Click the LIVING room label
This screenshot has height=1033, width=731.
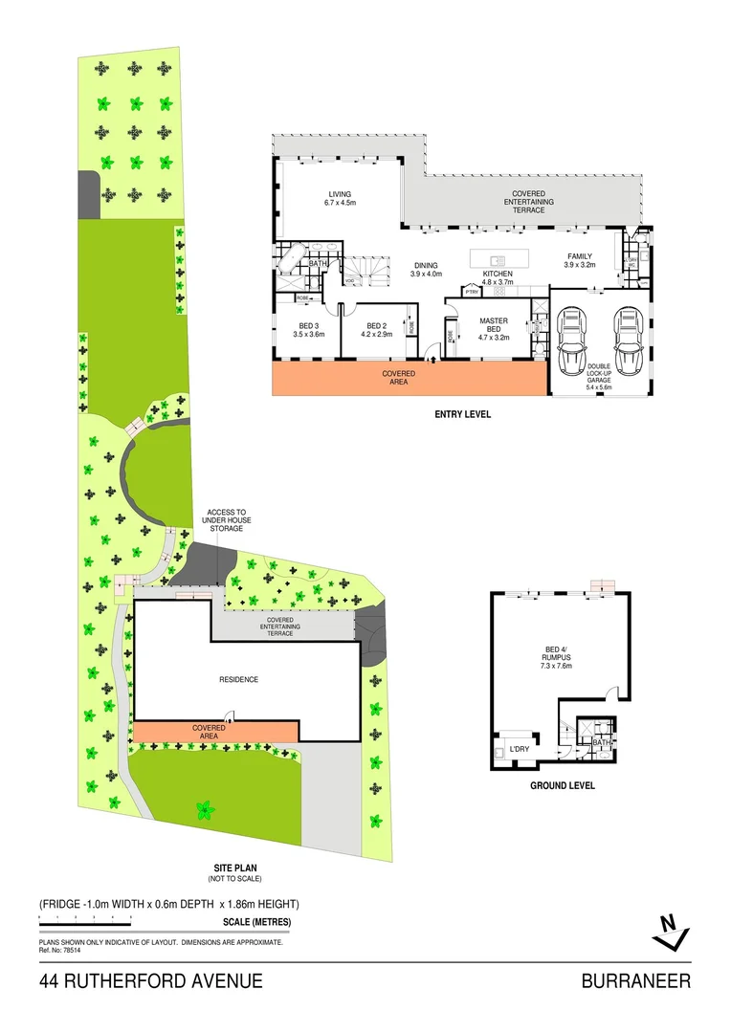coord(340,198)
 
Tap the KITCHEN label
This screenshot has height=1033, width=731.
coord(498,277)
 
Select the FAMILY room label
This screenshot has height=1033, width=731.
coord(579,260)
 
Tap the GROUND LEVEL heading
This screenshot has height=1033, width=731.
coord(563,785)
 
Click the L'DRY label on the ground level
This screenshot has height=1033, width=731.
coord(520,748)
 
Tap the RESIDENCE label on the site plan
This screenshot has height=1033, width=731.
coord(238,680)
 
